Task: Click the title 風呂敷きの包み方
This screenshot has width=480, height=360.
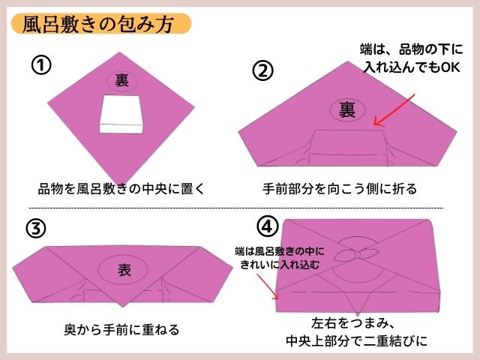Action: coord(98,23)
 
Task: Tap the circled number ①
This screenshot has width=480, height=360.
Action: coord(41,66)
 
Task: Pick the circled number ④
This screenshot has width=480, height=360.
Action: coord(267,224)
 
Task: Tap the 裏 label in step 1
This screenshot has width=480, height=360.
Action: coord(121,79)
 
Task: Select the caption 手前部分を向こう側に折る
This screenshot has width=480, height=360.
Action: coord(339,187)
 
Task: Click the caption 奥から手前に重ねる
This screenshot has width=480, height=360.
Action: coord(121,329)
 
